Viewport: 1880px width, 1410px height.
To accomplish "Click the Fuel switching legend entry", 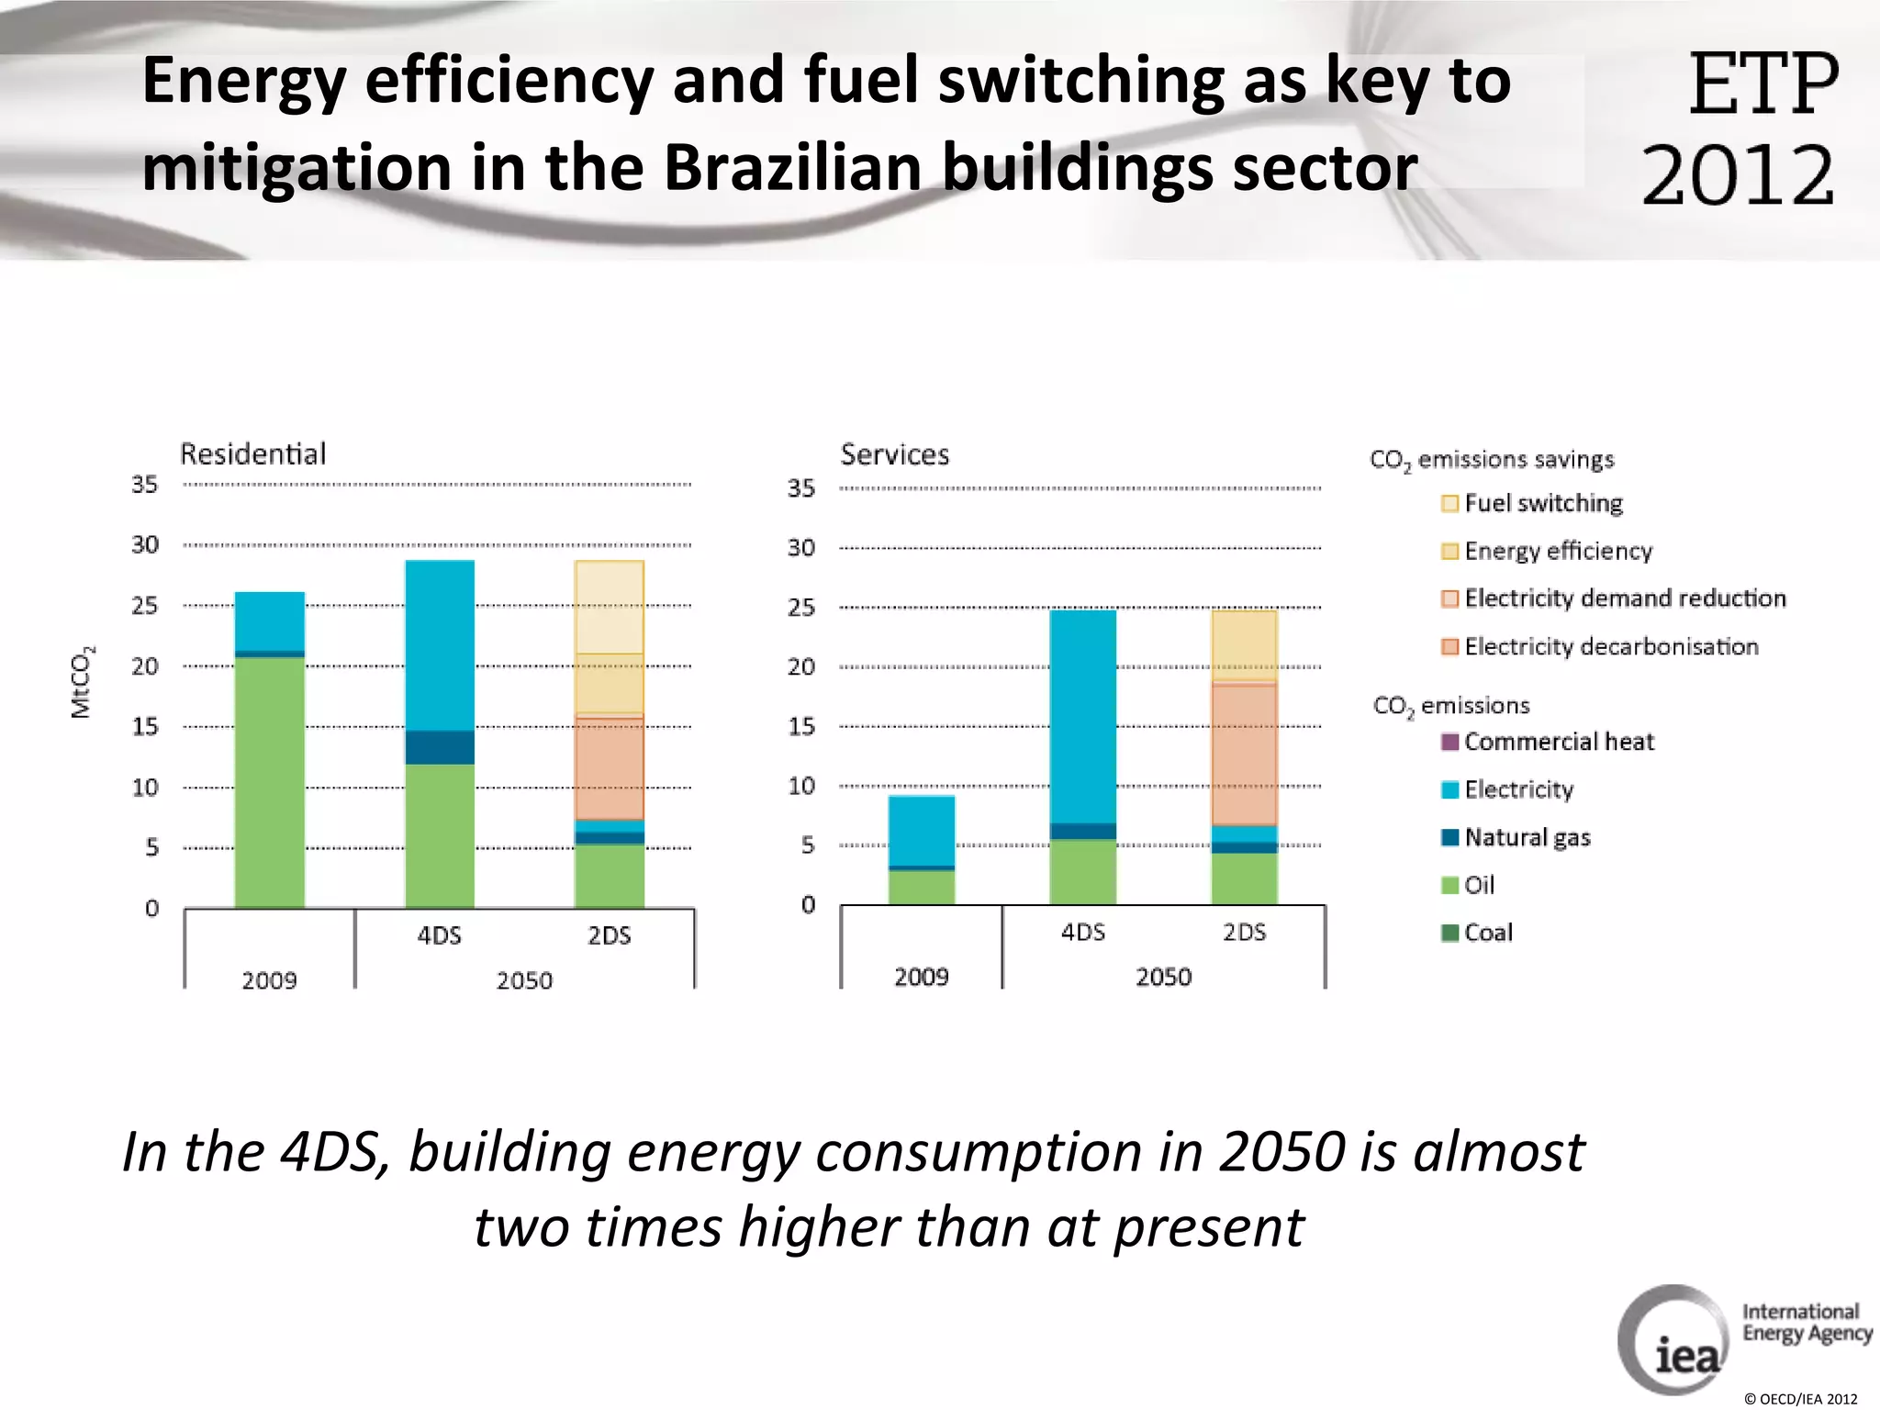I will (x=1542, y=503).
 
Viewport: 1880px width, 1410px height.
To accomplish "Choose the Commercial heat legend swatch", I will (x=1450, y=742).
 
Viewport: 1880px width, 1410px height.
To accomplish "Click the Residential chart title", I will (x=252, y=453).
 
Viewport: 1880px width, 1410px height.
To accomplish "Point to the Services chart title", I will (x=894, y=454).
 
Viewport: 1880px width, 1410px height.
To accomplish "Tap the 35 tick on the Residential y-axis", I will (x=144, y=485).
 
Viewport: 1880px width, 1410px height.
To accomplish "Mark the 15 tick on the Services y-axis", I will (x=800, y=726).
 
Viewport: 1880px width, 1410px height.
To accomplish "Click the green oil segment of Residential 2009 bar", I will (x=269, y=780).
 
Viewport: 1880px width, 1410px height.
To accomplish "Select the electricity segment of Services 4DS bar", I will (x=1082, y=716).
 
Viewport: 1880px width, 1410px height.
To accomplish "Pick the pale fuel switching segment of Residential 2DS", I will (x=609, y=606).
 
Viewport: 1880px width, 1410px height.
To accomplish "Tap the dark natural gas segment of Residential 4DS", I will (x=440, y=746).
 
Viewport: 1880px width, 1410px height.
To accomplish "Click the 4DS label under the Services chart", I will (x=1082, y=932).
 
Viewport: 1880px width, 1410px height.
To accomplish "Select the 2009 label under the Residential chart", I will (x=269, y=980).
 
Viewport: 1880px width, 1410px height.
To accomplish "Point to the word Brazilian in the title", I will (x=793, y=168).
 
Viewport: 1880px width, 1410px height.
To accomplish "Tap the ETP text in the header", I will (x=1762, y=84).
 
